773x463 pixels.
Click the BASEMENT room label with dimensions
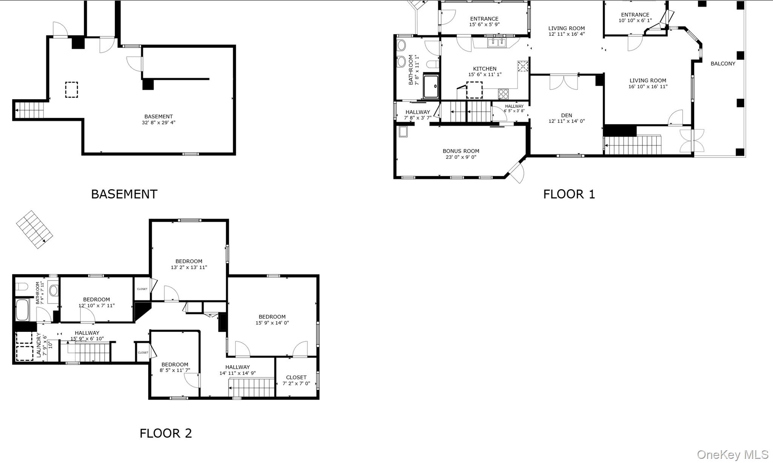[x=159, y=119]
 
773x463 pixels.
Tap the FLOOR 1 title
[x=569, y=194]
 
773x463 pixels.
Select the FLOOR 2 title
[x=166, y=433]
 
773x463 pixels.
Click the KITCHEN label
[x=485, y=69]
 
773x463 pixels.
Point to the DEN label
[x=567, y=115]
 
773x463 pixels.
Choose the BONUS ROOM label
[x=461, y=151]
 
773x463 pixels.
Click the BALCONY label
[x=723, y=64]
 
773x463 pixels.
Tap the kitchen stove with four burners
[x=503, y=94]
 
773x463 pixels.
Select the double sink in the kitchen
[x=497, y=43]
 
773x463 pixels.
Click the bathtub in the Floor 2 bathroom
[x=22, y=310]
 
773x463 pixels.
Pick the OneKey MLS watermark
[x=733, y=455]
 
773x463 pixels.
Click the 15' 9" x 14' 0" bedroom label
[x=272, y=320]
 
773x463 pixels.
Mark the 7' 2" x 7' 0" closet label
[x=296, y=380]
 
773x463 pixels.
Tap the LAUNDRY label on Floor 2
[x=38, y=345]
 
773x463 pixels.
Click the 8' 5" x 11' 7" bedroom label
[x=175, y=367]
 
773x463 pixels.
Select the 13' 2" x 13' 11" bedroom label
[x=189, y=264]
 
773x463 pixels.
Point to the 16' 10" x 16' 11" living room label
[x=648, y=83]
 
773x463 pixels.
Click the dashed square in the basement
[x=71, y=90]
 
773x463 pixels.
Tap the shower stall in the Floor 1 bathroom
[x=431, y=86]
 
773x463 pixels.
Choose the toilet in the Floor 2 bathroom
[x=22, y=287]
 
